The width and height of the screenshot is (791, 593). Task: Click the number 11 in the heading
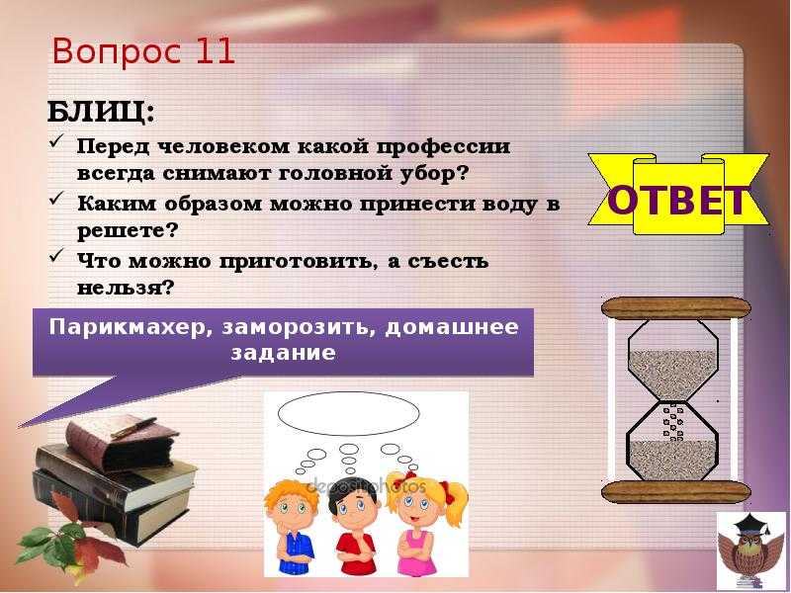pos(215,51)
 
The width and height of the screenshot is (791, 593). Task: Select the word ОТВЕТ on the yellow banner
pos(678,200)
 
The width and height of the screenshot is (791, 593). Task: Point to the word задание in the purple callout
pos(283,352)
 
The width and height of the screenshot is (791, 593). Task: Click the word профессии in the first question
pos(444,146)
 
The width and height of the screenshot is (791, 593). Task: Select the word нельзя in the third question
pos(121,288)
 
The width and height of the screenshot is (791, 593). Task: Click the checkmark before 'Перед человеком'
pos(56,141)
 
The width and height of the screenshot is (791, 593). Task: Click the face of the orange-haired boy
pos(289,506)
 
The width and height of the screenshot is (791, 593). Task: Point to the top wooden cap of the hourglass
pos(676,307)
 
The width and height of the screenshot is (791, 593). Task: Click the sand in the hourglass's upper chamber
pos(672,375)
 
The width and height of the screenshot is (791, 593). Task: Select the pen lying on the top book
pos(133,427)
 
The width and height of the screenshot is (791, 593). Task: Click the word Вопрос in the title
pos(117,52)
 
